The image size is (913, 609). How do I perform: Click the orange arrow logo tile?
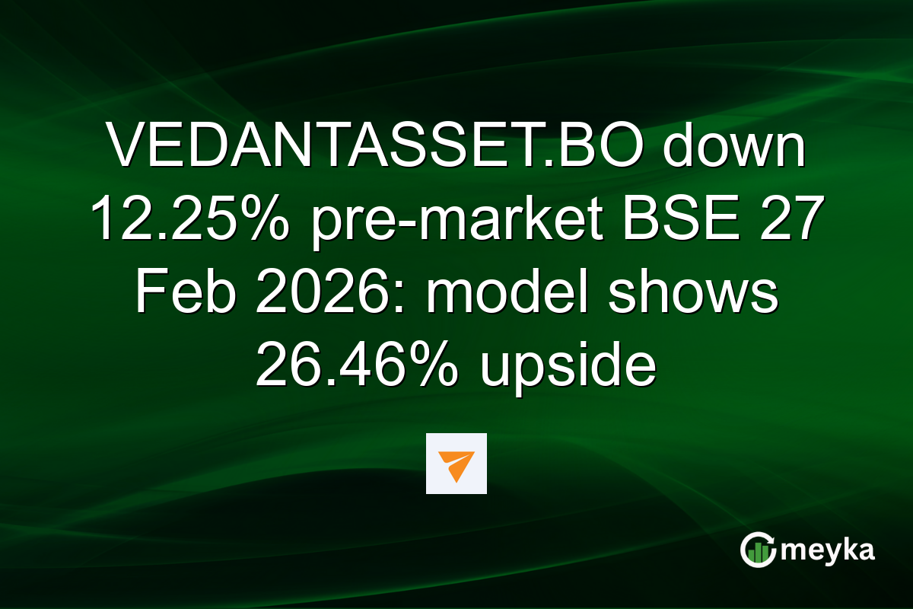pyautogui.click(x=456, y=464)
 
